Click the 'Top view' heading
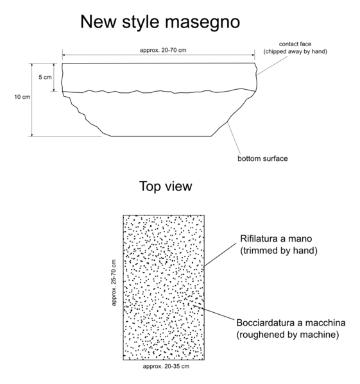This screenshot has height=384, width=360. pyautogui.click(x=166, y=186)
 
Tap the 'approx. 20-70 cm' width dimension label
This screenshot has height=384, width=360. pyautogui.click(x=163, y=50)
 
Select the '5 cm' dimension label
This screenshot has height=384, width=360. pyautogui.click(x=45, y=77)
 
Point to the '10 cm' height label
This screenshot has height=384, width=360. pyautogui.click(x=22, y=97)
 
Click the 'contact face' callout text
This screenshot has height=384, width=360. pyautogui.click(x=295, y=44)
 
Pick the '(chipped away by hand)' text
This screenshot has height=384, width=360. pyautogui.click(x=295, y=51)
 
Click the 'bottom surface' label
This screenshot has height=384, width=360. pyautogui.click(x=262, y=158)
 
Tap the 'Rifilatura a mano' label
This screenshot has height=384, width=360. pyautogui.click(x=276, y=238)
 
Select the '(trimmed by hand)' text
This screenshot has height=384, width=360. pyautogui.click(x=279, y=251)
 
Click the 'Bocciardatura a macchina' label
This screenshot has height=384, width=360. pyautogui.click(x=291, y=322)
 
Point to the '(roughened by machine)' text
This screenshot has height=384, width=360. pyautogui.click(x=287, y=335)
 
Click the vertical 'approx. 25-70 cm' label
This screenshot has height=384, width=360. pyautogui.click(x=114, y=283)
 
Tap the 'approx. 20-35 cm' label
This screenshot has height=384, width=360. pyautogui.click(x=166, y=366)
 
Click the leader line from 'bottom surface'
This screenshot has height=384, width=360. pyautogui.click(x=234, y=138)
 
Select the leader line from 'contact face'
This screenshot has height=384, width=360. pyautogui.click(x=272, y=66)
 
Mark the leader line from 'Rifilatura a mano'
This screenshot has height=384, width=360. pyautogui.click(x=220, y=255)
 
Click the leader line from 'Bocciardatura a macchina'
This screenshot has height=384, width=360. pyautogui.click(x=214, y=312)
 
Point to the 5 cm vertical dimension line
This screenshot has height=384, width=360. pyautogui.click(x=54, y=78)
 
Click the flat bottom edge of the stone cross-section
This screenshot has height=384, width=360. pyautogui.click(x=161, y=136)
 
